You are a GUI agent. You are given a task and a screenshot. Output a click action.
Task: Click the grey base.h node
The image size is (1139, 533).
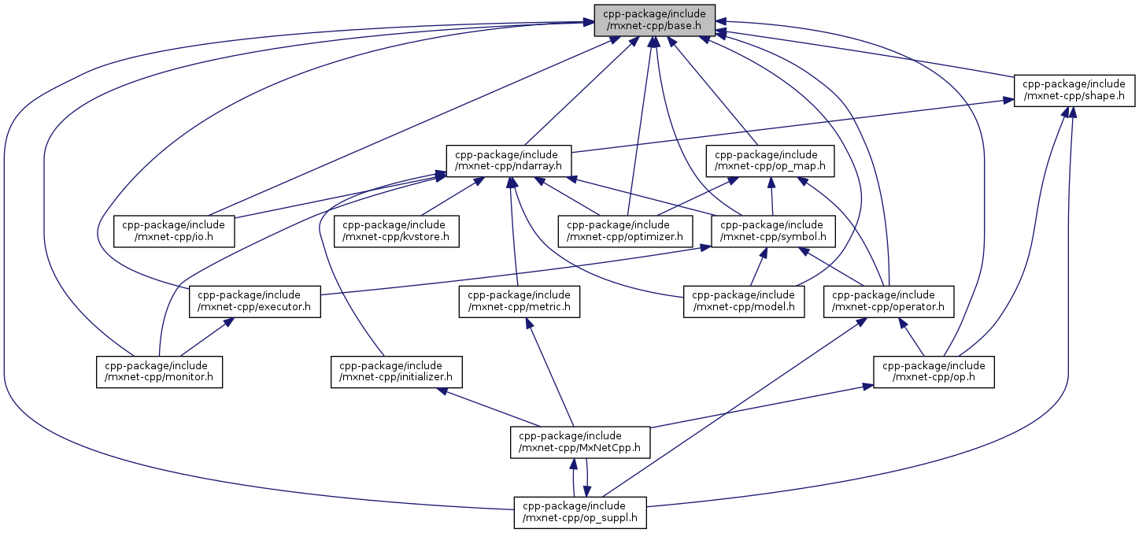pos(654,20)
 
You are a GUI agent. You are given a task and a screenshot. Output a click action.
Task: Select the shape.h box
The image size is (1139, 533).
pos(1074,91)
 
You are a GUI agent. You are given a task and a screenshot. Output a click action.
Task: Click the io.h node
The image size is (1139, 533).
pos(175,231)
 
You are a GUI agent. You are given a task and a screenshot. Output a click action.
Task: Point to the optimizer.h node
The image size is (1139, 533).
pos(626,231)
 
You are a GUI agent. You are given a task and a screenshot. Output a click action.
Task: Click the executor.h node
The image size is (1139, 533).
pos(255,302)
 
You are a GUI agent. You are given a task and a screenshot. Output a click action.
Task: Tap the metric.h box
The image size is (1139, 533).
pos(520,302)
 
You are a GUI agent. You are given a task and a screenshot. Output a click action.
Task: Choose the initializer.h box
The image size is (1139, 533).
pos(396,372)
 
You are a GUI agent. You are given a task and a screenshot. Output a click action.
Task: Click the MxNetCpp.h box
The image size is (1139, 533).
pos(581,442)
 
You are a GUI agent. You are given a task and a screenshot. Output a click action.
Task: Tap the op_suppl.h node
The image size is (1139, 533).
pos(580,513)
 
